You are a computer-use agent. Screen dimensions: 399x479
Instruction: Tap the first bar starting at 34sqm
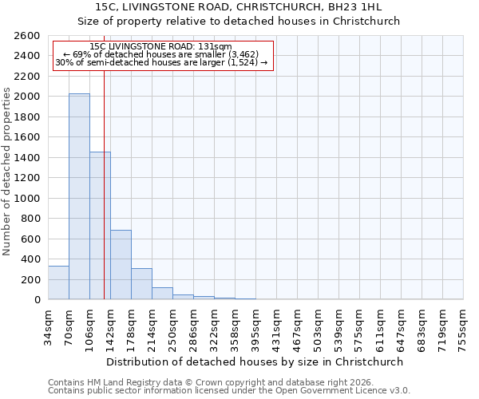coord(58,282)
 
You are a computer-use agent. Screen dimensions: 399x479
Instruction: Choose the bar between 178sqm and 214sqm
coord(141,284)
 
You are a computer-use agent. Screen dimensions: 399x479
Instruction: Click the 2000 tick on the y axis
coord(28,97)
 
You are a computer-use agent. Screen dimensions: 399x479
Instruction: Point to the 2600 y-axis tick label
coord(28,36)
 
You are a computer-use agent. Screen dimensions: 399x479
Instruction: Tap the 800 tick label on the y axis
coord(31,219)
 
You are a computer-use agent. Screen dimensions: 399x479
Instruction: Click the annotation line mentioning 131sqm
coord(161,47)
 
